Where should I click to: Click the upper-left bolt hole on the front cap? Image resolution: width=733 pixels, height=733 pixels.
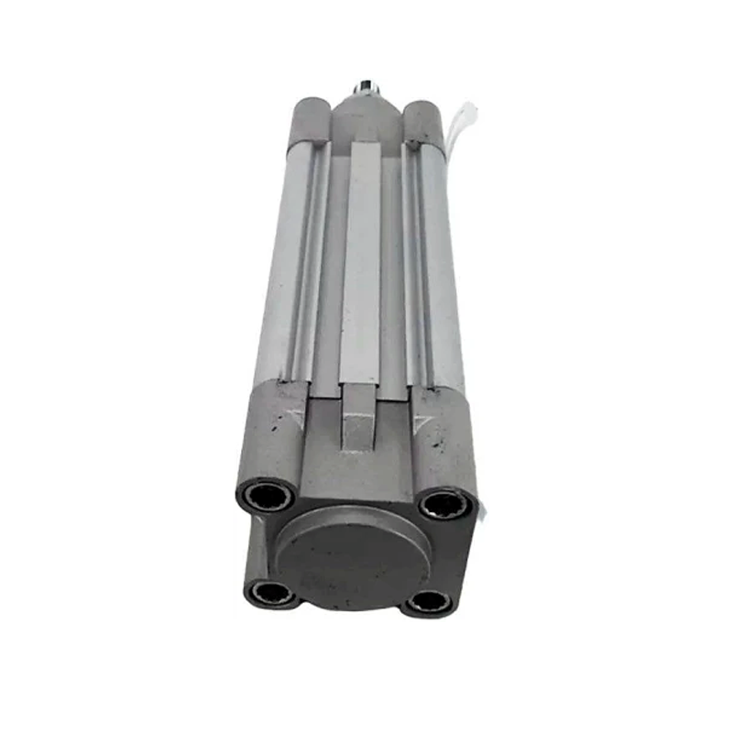pyautogui.click(x=268, y=496)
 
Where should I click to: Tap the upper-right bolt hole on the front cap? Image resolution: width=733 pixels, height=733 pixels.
pyautogui.click(x=445, y=503)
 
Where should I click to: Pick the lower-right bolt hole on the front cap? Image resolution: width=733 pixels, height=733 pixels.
pyautogui.click(x=427, y=601)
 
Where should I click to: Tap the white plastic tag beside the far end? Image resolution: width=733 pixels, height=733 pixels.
pyautogui.click(x=463, y=119)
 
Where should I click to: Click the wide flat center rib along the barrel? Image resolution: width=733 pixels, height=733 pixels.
pyautogui.click(x=360, y=257)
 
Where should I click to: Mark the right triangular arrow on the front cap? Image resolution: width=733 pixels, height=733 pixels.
pyautogui.click(x=421, y=422)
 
